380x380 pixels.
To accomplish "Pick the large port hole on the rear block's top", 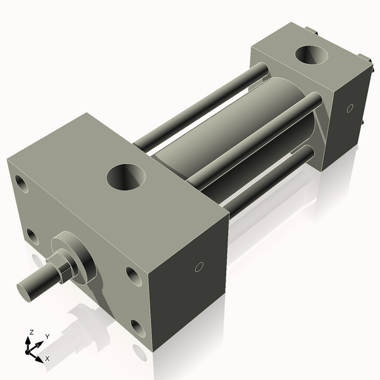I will (312, 55).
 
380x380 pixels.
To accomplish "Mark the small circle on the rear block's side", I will (350, 108).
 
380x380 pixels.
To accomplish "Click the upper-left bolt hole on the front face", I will (22, 185).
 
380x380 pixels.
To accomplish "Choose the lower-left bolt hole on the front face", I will (32, 237).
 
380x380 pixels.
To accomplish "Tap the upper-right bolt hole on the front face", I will (134, 275).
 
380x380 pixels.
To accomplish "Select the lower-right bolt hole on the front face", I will (138, 327).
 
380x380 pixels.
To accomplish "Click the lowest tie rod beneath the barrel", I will (266, 184).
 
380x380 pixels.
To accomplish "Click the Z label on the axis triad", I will (31, 332).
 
